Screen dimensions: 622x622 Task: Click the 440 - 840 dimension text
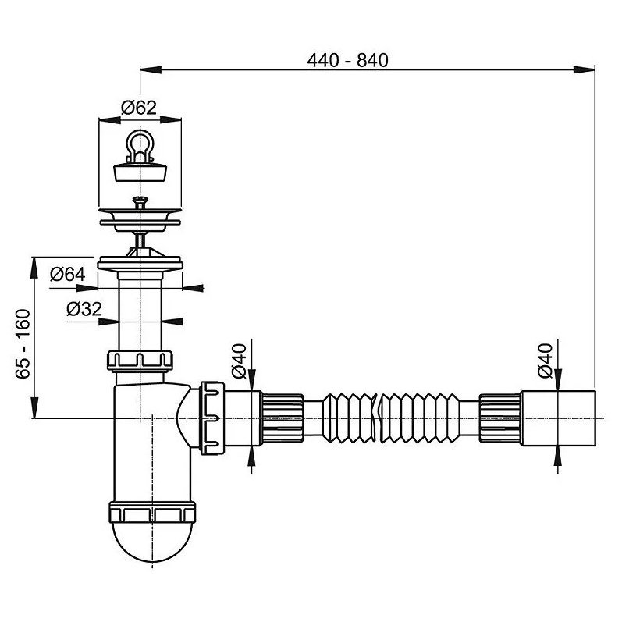click(x=347, y=61)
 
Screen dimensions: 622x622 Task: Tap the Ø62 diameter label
click(x=139, y=108)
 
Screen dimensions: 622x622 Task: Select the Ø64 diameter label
click(x=68, y=274)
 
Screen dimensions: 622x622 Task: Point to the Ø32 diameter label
click(x=84, y=309)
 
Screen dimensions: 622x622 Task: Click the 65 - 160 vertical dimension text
click(x=23, y=344)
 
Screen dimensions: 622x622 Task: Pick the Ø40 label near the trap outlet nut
click(x=239, y=361)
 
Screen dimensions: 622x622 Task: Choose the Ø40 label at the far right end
click(x=545, y=361)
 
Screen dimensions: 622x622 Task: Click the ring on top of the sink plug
click(x=140, y=145)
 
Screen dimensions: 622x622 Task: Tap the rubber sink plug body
click(x=140, y=172)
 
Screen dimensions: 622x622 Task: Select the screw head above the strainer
click(x=140, y=201)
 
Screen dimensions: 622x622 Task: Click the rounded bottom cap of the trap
click(x=152, y=542)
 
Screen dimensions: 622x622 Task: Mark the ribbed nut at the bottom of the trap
click(x=152, y=512)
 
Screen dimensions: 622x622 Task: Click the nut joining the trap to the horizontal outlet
click(x=212, y=418)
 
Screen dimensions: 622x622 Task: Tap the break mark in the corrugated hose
click(x=377, y=418)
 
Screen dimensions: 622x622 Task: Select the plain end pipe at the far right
click(x=558, y=418)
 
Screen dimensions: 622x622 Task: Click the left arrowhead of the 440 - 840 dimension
click(x=151, y=69)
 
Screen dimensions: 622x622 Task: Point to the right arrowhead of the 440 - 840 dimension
click(x=585, y=69)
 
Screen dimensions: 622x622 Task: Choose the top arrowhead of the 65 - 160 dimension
click(x=34, y=268)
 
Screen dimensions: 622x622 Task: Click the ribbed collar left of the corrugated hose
click(x=282, y=418)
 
